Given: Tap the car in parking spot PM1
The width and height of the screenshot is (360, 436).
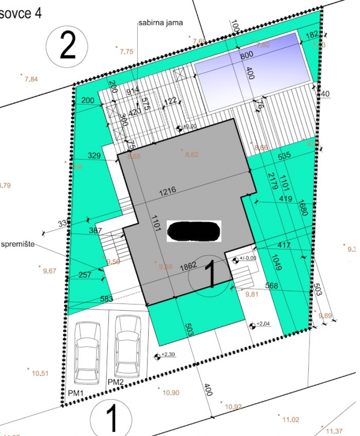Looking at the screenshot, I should point(86,352).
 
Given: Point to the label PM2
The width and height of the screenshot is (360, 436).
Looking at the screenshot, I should point(115,382).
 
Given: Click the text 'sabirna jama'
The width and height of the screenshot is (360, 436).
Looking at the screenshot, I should point(161,23).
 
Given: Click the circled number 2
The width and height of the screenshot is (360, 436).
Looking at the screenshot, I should point(67,46).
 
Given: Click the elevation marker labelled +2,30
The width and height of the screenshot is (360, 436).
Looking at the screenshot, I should point(158,357).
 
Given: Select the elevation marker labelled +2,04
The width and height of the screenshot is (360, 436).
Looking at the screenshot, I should point(253,325).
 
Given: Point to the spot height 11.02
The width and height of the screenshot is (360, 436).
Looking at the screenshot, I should point(290,419).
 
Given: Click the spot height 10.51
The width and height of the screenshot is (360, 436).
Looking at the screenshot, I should point(40,374).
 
